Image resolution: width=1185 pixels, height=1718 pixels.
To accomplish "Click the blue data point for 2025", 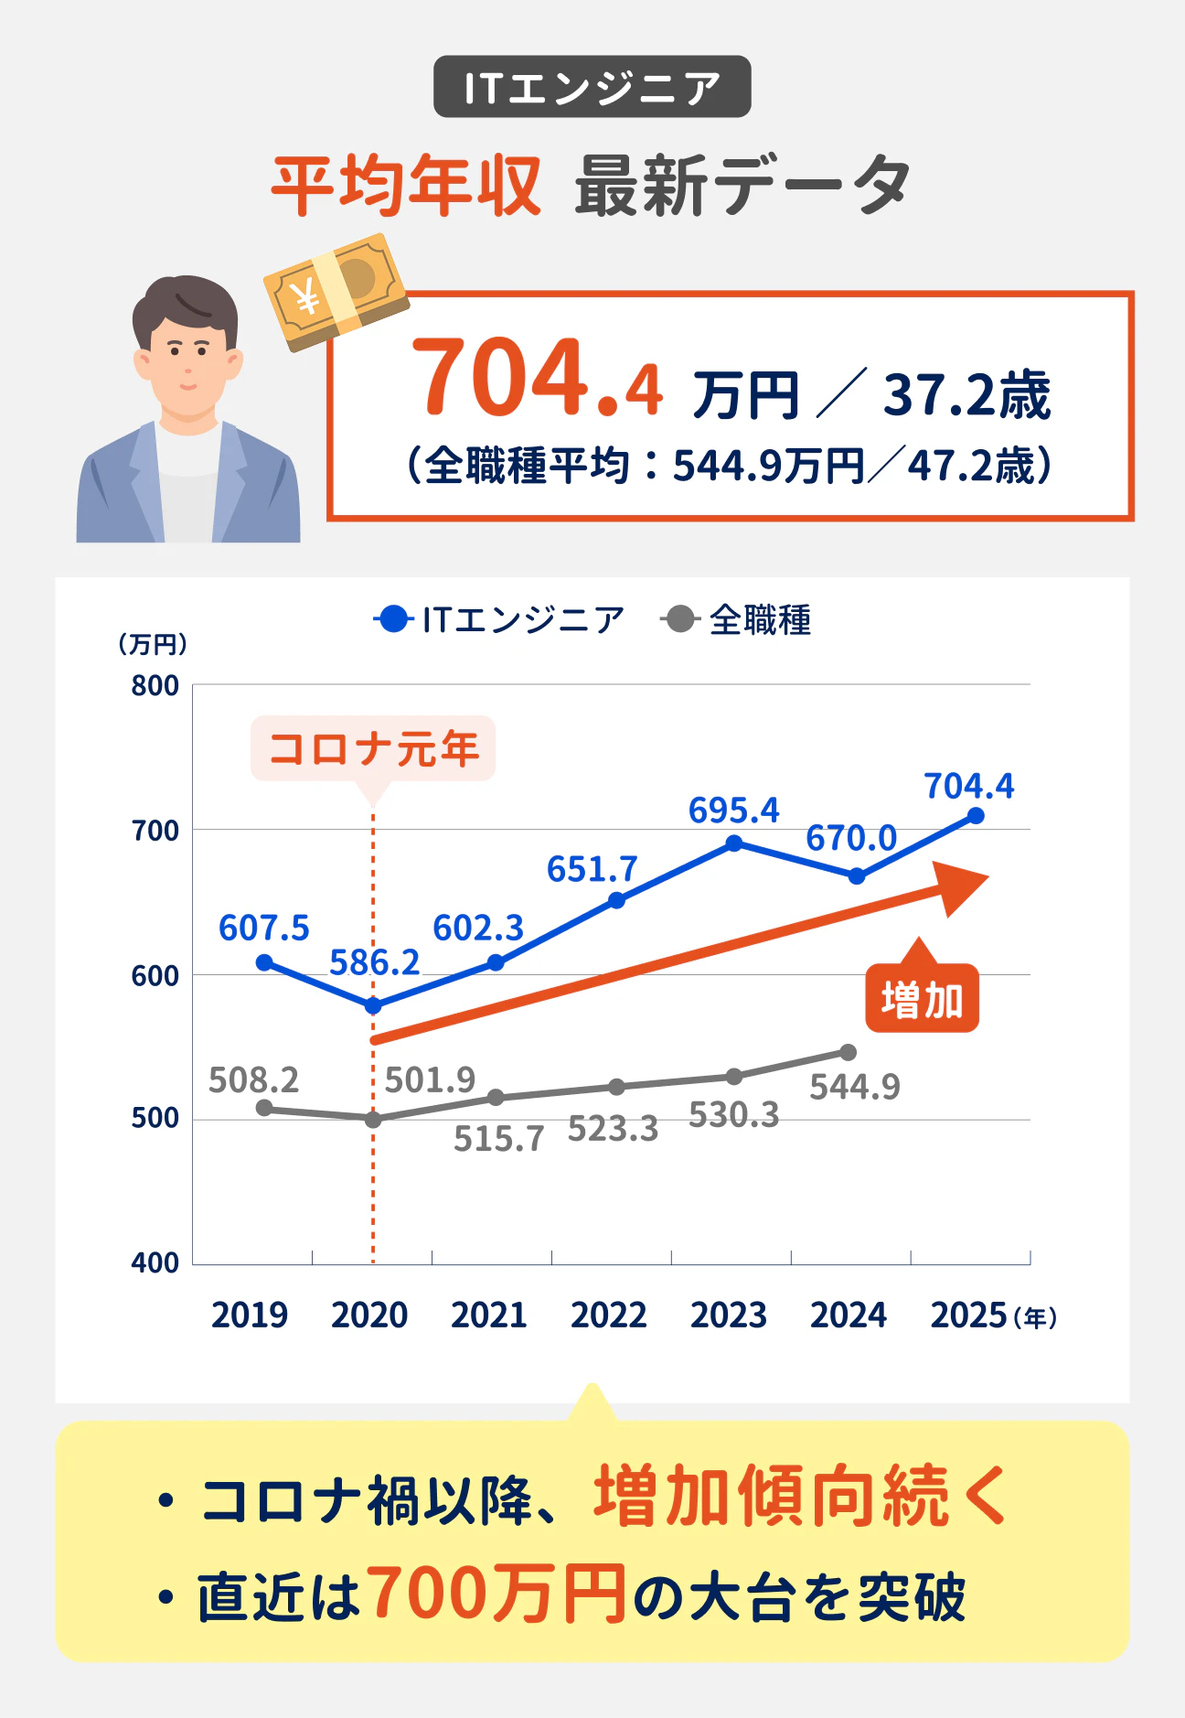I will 976,815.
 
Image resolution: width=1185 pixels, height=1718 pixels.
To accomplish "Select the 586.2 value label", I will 374,962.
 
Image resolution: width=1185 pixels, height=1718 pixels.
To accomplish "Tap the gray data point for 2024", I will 848,1052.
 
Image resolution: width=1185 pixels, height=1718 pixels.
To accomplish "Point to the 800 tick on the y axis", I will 155,686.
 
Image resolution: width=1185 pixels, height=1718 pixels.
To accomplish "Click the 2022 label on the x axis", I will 608,1315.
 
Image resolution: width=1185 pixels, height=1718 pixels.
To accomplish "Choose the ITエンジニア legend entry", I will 499,620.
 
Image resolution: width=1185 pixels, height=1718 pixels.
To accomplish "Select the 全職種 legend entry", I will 737,620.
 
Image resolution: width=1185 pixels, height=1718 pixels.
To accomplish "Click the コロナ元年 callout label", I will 373,748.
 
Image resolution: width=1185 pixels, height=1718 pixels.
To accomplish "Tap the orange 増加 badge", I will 922,999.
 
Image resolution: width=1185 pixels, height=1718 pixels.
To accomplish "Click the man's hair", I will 186,306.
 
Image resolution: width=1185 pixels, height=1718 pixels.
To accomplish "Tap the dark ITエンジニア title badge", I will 592,87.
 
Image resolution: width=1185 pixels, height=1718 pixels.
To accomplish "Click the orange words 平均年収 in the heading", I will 406,186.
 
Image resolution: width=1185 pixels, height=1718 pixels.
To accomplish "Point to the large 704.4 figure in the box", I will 537,379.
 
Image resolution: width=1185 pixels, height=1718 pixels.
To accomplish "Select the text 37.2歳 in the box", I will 966,395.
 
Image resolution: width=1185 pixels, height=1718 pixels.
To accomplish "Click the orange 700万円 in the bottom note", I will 498,1594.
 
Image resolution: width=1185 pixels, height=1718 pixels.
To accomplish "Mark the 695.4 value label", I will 733,811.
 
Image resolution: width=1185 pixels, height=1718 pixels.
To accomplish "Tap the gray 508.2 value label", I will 253,1080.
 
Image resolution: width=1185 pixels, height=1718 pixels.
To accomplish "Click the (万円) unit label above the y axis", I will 153,644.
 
